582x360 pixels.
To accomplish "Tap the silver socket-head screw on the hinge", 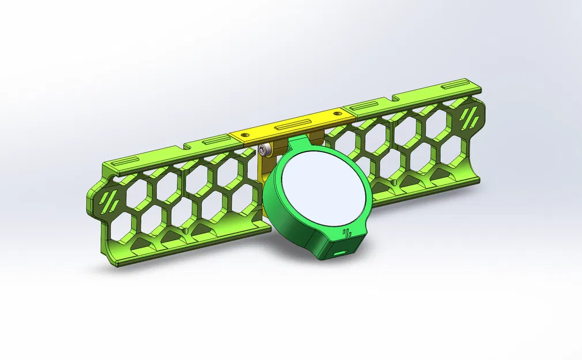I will [x=265, y=151].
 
